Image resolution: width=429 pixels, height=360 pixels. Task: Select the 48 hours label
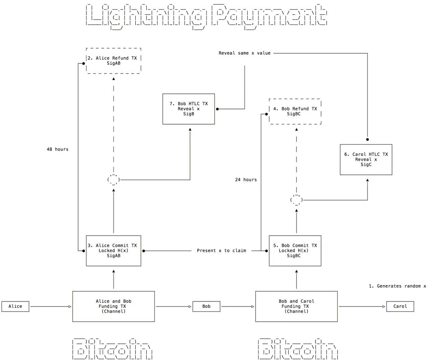point(57,149)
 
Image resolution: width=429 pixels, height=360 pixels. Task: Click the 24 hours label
point(246,180)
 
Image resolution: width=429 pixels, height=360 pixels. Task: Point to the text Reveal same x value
point(245,53)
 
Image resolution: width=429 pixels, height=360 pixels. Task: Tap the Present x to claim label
point(221,251)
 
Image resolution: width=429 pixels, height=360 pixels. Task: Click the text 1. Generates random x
point(397,286)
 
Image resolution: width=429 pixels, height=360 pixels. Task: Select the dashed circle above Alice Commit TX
point(114,175)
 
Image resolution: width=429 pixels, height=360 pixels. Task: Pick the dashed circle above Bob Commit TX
point(297,195)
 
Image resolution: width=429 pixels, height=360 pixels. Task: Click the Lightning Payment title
point(207,16)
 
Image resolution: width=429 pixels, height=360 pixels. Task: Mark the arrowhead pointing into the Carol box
point(384,306)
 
